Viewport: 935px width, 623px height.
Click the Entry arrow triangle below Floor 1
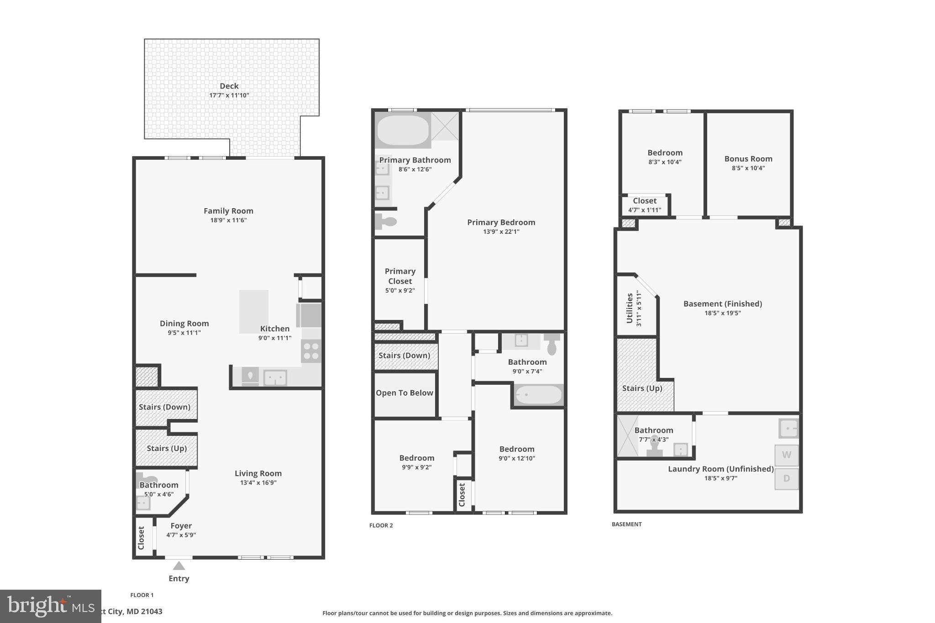(x=179, y=566)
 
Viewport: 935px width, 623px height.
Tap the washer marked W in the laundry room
(x=786, y=455)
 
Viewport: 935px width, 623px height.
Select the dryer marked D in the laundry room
(x=786, y=479)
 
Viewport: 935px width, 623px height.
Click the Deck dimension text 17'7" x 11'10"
(x=229, y=95)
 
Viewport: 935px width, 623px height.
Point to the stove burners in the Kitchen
(x=311, y=351)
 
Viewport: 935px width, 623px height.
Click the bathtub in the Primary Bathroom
(x=403, y=130)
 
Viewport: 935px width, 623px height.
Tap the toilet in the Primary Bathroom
(x=386, y=222)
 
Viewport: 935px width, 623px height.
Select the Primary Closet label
(x=400, y=276)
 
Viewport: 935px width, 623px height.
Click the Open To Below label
(x=404, y=393)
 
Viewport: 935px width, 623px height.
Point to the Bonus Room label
(x=748, y=159)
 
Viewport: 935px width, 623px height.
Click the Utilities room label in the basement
(x=630, y=309)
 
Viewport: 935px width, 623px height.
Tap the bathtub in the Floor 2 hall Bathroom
(x=539, y=395)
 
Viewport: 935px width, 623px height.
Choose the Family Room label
(x=228, y=211)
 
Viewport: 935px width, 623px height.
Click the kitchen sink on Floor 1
(x=275, y=377)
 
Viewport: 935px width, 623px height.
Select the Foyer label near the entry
(x=181, y=526)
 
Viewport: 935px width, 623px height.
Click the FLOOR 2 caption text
(x=381, y=525)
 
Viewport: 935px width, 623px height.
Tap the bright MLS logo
(x=50, y=606)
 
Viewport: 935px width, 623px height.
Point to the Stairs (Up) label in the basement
(x=642, y=388)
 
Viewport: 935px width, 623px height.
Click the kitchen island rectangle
(x=254, y=311)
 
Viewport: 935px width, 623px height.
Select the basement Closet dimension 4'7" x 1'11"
(x=644, y=210)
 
